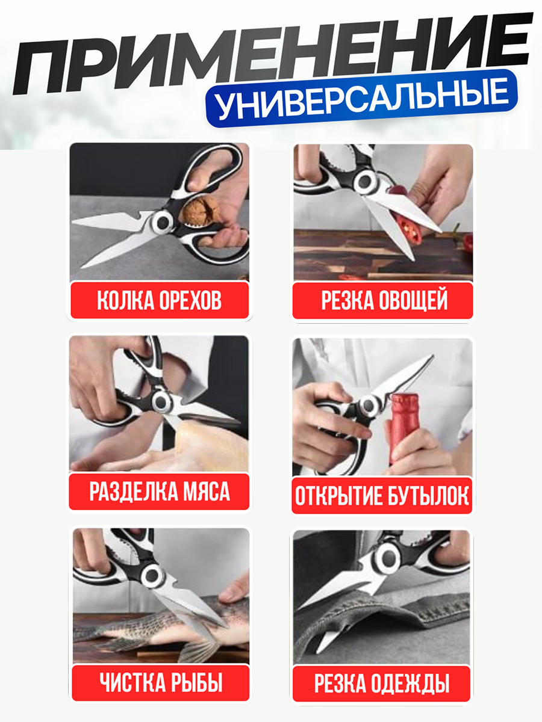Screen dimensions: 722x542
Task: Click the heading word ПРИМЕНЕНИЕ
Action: pos(271,57)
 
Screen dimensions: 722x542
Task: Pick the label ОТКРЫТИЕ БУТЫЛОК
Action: pos(382,497)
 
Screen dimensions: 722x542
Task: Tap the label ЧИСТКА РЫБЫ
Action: pos(161,683)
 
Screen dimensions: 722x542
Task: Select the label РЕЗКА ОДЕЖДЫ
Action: pos(382,683)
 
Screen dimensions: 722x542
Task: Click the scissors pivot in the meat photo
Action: pos(161,400)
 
